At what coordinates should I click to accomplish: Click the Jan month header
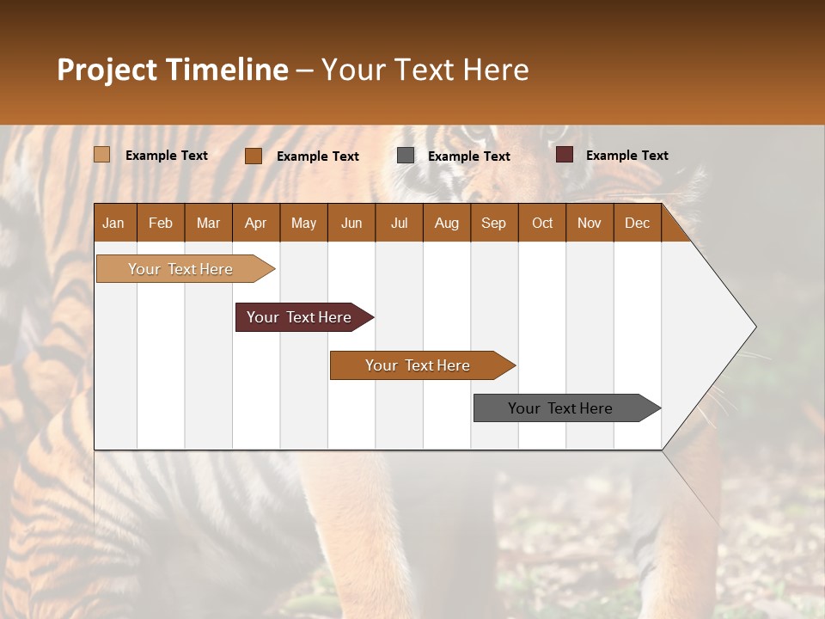(114, 223)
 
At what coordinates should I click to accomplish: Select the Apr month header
(256, 223)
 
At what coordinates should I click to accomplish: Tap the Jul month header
(400, 223)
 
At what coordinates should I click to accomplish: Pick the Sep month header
(494, 223)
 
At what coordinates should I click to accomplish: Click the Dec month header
(637, 223)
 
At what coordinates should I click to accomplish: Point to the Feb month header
(161, 223)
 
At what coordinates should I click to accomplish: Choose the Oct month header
(542, 223)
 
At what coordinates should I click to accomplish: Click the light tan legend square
(102, 155)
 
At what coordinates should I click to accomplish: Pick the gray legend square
(406, 156)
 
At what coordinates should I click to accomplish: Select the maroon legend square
(565, 155)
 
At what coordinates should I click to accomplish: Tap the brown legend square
(254, 156)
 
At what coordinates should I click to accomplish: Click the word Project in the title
(107, 70)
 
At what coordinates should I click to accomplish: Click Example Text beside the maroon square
(626, 155)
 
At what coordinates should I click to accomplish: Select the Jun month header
(351, 223)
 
